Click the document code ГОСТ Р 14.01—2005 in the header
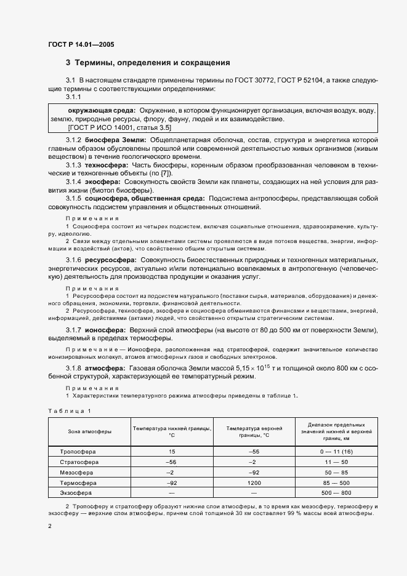pyautogui.click(x=80, y=45)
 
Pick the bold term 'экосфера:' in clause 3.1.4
pyautogui.click(x=103, y=183)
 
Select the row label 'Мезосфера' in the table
pyautogui.click(x=76, y=472)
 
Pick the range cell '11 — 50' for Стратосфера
pyautogui.click(x=339, y=462)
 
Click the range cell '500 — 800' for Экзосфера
pyautogui.click(x=339, y=493)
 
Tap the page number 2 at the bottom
pyautogui.click(x=50, y=526)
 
